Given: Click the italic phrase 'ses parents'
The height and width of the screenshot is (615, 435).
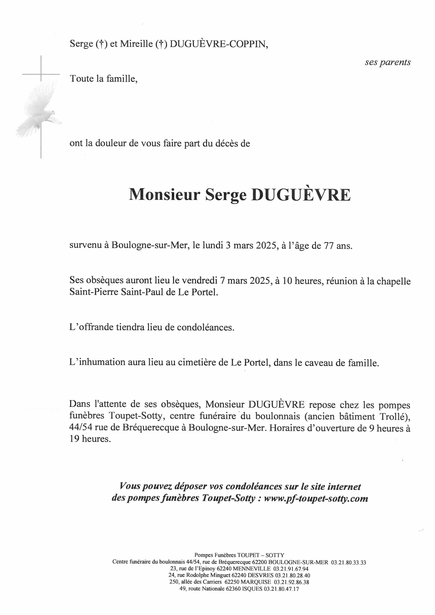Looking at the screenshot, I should point(387,62).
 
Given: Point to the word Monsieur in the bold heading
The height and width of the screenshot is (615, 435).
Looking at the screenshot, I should point(164,195).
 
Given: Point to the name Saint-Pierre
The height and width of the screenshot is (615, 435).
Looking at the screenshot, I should point(94,292).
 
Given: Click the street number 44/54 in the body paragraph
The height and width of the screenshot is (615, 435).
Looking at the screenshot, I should point(81,427).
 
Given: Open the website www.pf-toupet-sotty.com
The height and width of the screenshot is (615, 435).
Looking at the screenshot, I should point(316,498).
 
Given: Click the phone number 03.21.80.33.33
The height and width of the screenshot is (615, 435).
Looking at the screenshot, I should point(349,562).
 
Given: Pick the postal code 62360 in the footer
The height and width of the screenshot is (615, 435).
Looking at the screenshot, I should point(234,589).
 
